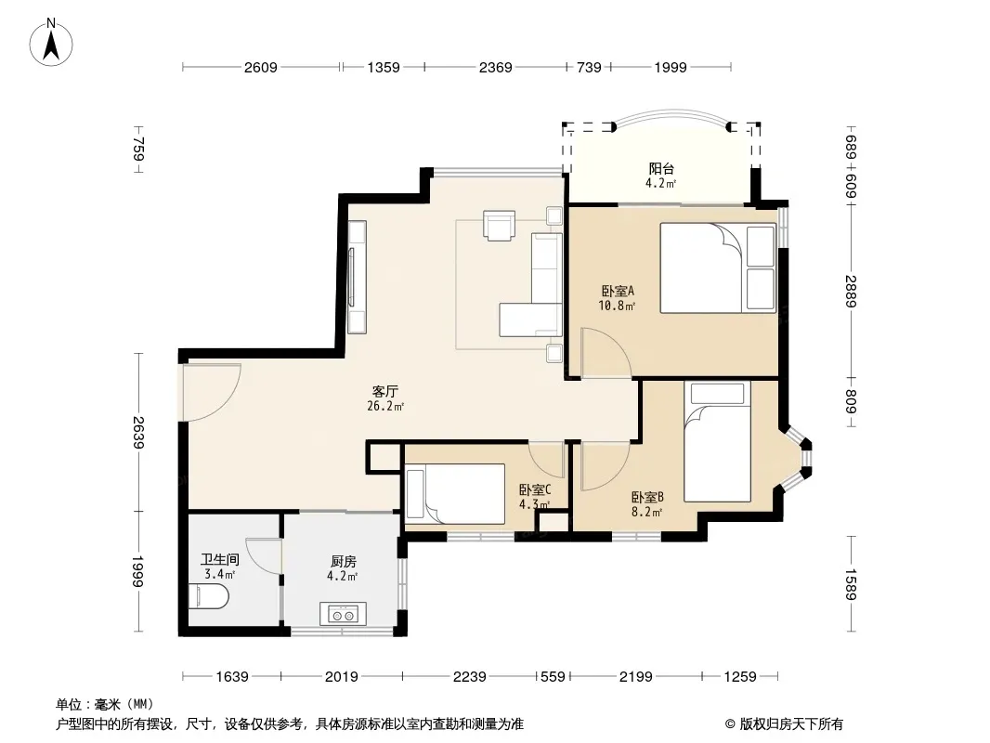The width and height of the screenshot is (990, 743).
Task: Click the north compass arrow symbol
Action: [x=51, y=43]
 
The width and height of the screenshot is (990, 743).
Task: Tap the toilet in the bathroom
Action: [x=207, y=596]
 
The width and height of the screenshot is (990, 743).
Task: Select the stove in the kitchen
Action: [x=343, y=614]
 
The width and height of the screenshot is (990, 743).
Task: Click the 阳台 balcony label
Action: [x=661, y=168]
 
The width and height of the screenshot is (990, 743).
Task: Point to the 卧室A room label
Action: [x=617, y=291]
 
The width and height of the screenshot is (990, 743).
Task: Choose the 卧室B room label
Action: [x=647, y=497]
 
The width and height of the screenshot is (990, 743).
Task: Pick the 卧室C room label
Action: [x=535, y=489]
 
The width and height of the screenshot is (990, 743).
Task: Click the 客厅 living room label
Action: [x=385, y=391]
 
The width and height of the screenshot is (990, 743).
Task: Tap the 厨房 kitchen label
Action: [x=344, y=561]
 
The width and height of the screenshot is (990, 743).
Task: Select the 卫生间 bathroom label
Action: [x=220, y=559]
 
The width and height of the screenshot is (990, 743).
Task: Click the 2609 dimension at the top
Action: [x=261, y=67]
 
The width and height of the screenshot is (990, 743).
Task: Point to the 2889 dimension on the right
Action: [x=852, y=291]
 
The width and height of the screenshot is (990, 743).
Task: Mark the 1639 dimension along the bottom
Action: [x=232, y=677]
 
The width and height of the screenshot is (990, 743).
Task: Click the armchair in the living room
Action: [x=499, y=226]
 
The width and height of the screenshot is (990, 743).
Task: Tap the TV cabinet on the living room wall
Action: [x=357, y=277]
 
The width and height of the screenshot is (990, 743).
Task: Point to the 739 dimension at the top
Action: [x=589, y=67]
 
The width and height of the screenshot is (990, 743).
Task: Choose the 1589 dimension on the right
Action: [x=852, y=584]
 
